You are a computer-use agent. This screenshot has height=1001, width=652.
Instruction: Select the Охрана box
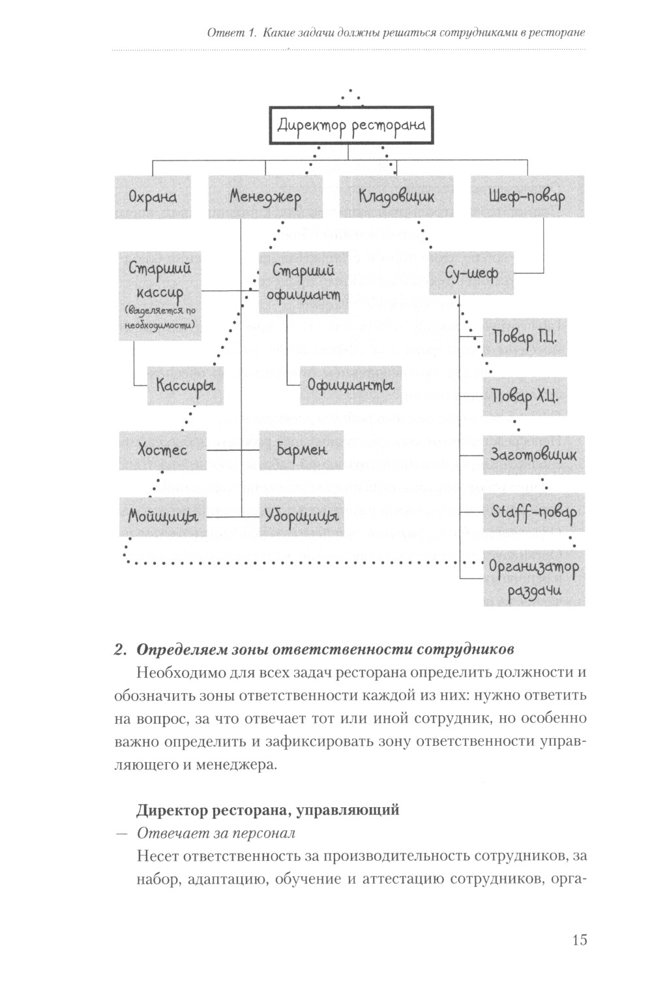point(153,196)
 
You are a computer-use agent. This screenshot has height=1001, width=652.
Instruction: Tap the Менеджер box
point(265,196)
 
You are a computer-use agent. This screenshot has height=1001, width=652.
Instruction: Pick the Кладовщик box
point(396,196)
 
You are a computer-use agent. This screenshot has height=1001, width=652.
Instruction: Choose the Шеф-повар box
point(527,196)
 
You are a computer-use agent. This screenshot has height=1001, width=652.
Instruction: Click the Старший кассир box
point(160,296)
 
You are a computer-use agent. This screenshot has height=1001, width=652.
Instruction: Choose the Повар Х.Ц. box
point(524,396)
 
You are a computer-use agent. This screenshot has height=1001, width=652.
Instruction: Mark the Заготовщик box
point(533,455)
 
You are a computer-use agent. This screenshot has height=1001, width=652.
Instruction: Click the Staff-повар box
point(533,512)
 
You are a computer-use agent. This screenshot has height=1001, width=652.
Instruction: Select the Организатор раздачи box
point(533,578)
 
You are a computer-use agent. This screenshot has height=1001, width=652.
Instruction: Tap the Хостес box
point(162,450)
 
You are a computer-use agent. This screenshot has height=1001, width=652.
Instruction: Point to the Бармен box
point(301,450)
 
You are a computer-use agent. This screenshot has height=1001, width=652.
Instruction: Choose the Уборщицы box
point(301,516)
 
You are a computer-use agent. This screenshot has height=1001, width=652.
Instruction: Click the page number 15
point(579,940)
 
